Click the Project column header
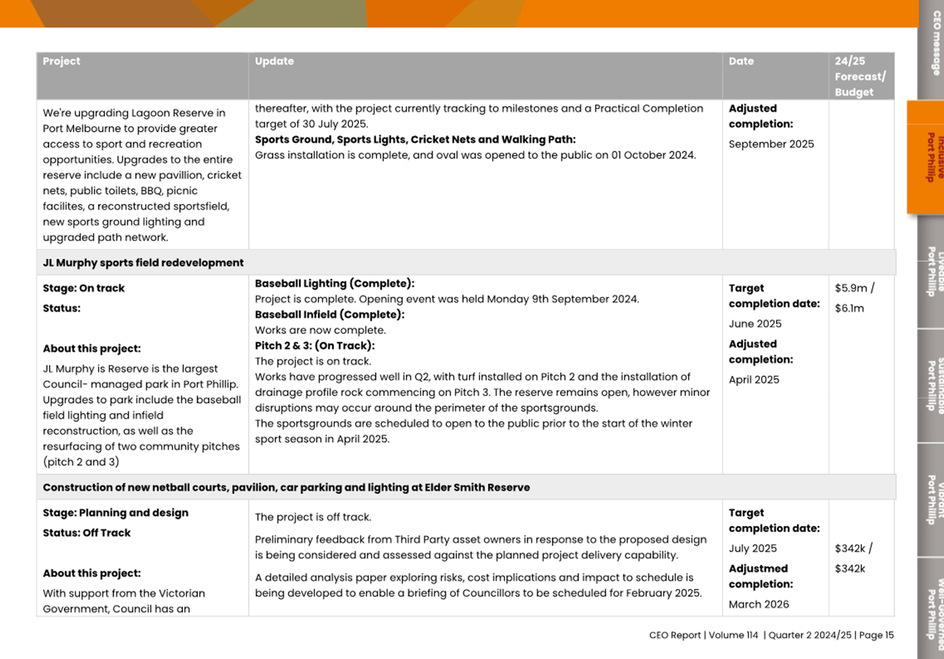tap(62, 62)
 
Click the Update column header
tap(274, 62)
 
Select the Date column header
tap(741, 62)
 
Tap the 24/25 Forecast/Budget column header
tap(860, 76)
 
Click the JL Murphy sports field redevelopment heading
tap(143, 263)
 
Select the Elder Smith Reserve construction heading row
tap(286, 487)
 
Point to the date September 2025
tap(771, 144)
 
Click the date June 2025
tap(755, 324)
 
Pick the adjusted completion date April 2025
tap(753, 380)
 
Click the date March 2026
tap(758, 604)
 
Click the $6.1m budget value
tap(849, 308)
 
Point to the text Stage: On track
tap(83, 288)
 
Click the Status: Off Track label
tap(86, 533)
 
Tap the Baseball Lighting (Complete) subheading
tap(334, 284)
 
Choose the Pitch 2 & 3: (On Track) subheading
tap(315, 345)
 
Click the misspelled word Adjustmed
tap(758, 569)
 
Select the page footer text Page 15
tap(876, 635)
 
